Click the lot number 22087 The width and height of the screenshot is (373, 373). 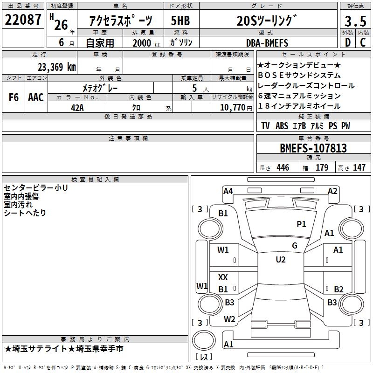[23, 20]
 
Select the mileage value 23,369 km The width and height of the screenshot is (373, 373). [57, 67]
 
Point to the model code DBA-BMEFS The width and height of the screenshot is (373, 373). [267, 43]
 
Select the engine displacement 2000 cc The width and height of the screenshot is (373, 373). [142, 43]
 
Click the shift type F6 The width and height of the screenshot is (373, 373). [14, 97]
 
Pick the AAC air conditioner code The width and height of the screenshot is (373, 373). [35, 97]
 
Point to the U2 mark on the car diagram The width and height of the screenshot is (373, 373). [280, 260]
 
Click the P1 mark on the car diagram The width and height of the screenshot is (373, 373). [301, 224]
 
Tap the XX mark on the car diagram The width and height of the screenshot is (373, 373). [223, 277]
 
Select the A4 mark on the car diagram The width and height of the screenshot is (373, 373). [228, 191]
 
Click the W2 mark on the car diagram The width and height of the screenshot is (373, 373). [229, 319]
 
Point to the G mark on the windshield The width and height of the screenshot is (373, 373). [294, 246]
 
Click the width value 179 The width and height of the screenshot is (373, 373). [322, 168]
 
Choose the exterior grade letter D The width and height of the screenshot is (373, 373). [347, 43]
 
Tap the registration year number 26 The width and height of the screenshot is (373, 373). [61, 24]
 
